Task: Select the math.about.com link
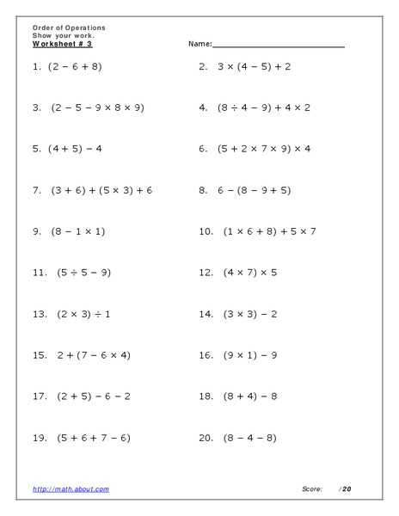tap(71, 488)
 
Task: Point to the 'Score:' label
tap(312, 488)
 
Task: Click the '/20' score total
tap(346, 488)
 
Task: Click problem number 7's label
tap(37, 190)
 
